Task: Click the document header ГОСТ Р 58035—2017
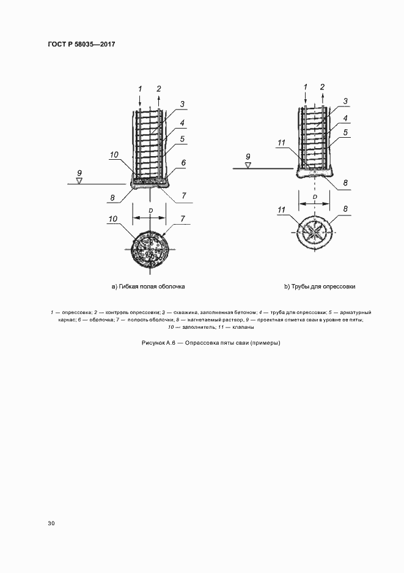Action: [x=81, y=44]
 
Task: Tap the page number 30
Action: [x=51, y=523]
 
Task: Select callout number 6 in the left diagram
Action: [x=183, y=164]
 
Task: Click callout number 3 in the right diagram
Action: [x=345, y=101]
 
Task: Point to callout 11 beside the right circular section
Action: [x=281, y=210]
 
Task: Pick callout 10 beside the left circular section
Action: [x=112, y=219]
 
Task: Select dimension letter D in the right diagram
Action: [x=315, y=197]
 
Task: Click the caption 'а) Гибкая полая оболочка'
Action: [x=148, y=286]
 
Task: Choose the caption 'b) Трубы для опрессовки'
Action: [x=320, y=286]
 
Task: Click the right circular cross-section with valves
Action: [x=314, y=233]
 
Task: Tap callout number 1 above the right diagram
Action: [x=304, y=87]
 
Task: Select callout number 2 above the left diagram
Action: [x=159, y=88]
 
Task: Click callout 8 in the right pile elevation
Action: [x=345, y=182]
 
